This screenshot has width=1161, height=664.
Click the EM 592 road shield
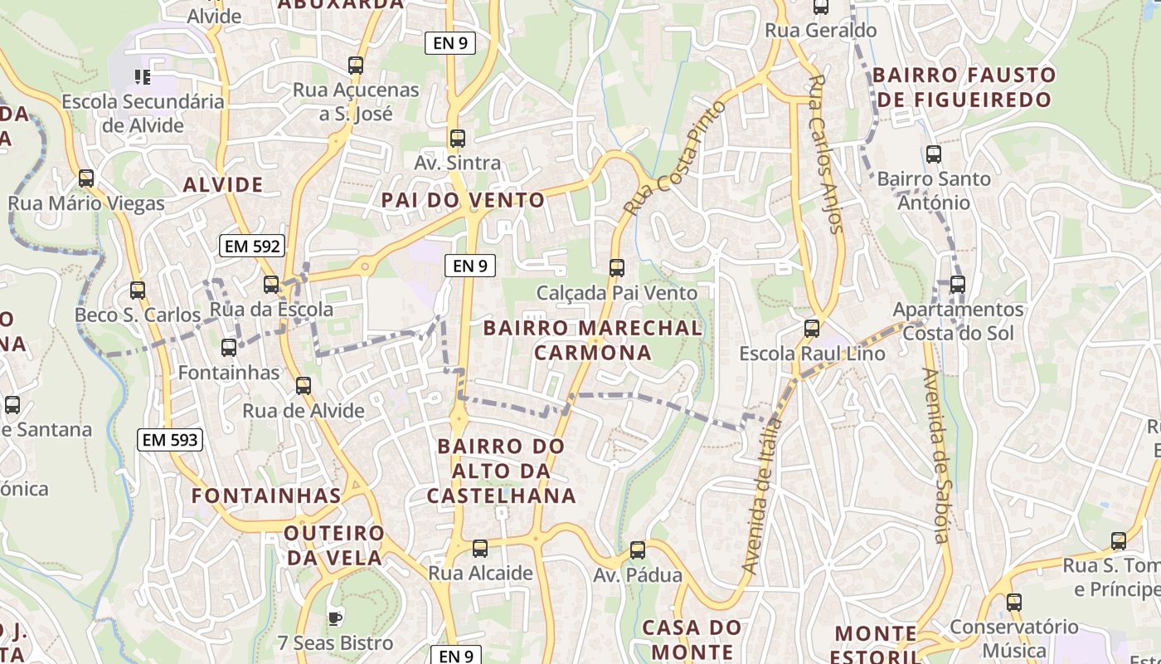click(x=253, y=246)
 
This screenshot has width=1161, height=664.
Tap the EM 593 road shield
click(x=170, y=440)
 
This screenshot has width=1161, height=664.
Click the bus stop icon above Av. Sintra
click(x=457, y=139)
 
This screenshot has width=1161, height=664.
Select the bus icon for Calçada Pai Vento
click(x=616, y=267)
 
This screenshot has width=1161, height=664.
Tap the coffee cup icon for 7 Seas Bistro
click(x=334, y=618)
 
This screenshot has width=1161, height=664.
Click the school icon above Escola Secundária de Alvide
click(x=143, y=77)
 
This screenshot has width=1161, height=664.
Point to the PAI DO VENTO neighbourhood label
click(x=463, y=200)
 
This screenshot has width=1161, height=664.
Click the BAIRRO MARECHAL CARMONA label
click(x=592, y=340)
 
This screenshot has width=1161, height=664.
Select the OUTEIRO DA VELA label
click(x=334, y=545)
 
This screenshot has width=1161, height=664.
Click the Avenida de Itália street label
click(x=762, y=496)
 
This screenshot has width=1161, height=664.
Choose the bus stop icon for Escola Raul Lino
click(x=812, y=329)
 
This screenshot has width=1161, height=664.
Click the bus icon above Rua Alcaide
click(x=480, y=549)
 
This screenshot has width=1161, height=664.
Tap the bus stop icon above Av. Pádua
click(x=638, y=550)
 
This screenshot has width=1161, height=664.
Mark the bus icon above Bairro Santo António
click(x=934, y=154)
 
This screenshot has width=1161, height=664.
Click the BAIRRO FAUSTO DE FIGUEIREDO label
click(x=964, y=87)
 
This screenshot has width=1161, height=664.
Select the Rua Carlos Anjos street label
click(x=825, y=154)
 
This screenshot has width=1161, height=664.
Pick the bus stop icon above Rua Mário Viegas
click(x=86, y=178)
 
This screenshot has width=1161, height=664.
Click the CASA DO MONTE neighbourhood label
click(x=692, y=639)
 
